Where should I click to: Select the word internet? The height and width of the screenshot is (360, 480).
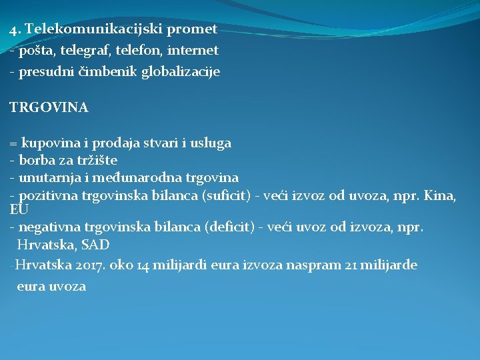pyautogui.click(x=193, y=50)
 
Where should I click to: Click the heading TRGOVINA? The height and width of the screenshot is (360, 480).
pyautogui.click(x=49, y=107)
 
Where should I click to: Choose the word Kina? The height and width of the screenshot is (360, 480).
pyautogui.click(x=442, y=196)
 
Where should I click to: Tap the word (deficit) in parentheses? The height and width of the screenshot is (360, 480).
pyautogui.click(x=226, y=227)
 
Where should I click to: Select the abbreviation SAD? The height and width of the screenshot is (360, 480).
pyautogui.click(x=95, y=245)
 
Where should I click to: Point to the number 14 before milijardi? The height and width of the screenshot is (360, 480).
pyautogui.click(x=143, y=265)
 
